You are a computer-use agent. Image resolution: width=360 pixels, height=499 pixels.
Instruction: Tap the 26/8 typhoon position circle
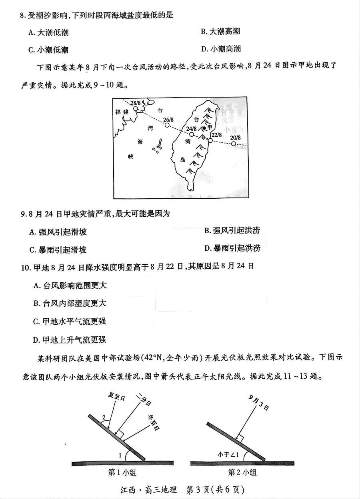[167, 125]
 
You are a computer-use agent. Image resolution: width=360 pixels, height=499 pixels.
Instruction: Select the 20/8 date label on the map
[236, 138]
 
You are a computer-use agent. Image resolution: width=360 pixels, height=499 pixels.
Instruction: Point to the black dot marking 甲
[204, 128]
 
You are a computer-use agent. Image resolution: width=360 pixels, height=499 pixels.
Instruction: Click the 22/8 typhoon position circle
[210, 140]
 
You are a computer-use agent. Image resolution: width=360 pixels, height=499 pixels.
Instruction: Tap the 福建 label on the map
[122, 112]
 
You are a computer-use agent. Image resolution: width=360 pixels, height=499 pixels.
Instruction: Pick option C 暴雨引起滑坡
[58, 250]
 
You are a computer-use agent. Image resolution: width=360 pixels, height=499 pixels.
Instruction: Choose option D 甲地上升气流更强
[70, 340]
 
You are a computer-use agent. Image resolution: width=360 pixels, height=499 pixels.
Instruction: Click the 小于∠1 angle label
[227, 455]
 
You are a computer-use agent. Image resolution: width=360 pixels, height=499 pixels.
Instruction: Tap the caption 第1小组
[122, 473]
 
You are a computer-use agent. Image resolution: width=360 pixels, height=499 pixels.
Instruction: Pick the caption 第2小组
[242, 473]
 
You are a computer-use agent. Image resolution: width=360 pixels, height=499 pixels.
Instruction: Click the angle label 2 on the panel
[104, 417]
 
